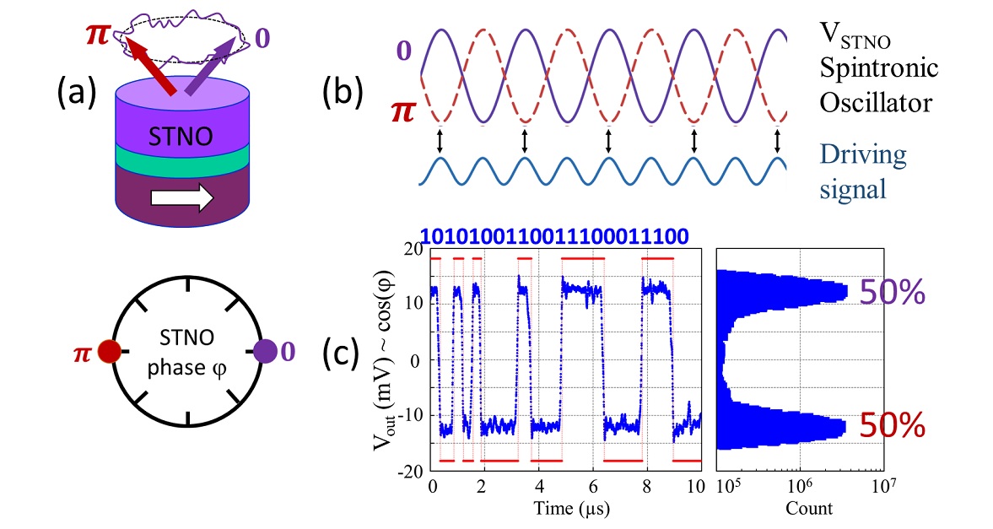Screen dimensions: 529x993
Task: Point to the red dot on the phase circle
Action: [x=109, y=350]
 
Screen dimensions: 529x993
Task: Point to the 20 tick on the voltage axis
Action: [x=414, y=249]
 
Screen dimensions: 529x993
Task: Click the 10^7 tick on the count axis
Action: [x=882, y=487]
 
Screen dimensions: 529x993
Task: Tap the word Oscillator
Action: [x=879, y=103]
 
